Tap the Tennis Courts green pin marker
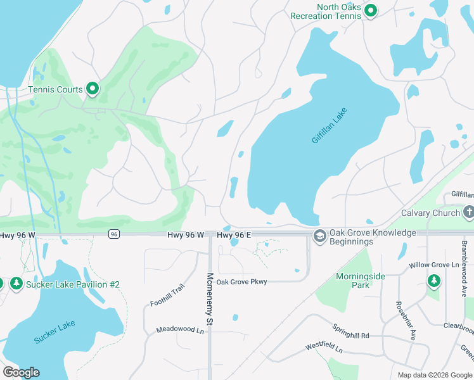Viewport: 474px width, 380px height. tap(93, 89)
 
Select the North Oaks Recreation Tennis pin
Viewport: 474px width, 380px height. tap(371, 11)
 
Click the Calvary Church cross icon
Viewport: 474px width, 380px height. tap(469, 212)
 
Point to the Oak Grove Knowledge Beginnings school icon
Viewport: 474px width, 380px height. tap(320, 236)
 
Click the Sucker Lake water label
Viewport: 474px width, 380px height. tap(54, 332)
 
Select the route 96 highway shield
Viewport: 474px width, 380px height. tap(113, 234)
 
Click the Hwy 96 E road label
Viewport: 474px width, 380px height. tap(234, 235)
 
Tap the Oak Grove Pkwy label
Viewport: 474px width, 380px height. tap(242, 282)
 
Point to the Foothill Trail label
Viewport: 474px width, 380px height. tap(167, 295)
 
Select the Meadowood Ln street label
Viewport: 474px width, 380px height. tap(181, 330)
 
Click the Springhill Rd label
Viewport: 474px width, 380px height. tap(350, 331)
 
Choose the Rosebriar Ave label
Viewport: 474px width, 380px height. tap(406, 320)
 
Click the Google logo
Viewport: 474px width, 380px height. tap(21, 372)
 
